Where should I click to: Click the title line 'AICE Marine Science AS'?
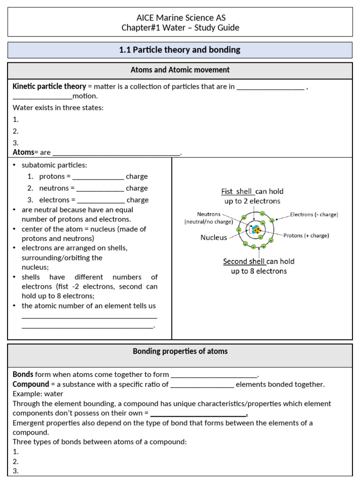click(180, 18)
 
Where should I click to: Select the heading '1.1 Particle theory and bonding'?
click(180, 50)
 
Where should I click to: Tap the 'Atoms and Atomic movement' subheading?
click(180, 70)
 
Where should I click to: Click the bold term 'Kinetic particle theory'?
click(49, 86)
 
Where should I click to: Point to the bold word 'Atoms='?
click(23, 152)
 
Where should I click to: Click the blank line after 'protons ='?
click(98, 177)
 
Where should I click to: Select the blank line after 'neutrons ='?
click(100, 188)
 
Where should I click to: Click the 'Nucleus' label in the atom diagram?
click(214, 237)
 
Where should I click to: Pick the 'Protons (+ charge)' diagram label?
click(306, 235)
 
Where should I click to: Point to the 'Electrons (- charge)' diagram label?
click(314, 215)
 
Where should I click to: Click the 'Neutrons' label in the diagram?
click(209, 214)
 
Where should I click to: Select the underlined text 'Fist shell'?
click(237, 191)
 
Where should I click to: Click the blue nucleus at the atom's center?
click(256, 230)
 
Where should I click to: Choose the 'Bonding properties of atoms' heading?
click(180, 351)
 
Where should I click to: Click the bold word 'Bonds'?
click(23, 375)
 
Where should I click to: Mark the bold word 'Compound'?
click(31, 384)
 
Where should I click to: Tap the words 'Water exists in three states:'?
click(58, 107)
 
